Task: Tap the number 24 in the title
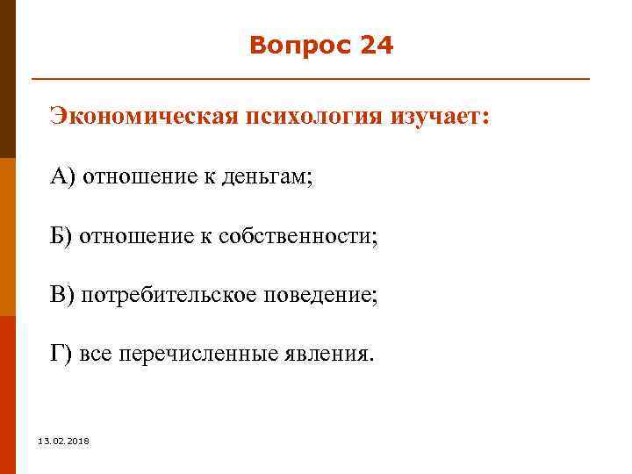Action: coord(377,46)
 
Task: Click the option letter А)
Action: coord(62,176)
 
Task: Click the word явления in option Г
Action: coord(327,355)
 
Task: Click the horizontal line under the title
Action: coord(311,80)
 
